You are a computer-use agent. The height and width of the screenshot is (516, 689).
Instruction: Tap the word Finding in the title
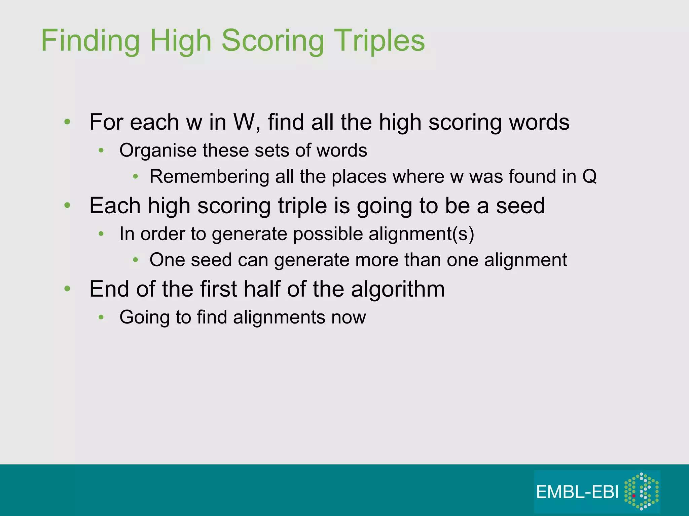click(90, 41)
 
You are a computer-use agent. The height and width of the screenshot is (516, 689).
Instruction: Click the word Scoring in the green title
click(273, 41)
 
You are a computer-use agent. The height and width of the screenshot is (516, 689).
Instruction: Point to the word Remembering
click(209, 176)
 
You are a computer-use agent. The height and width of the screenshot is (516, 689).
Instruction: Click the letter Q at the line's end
click(589, 176)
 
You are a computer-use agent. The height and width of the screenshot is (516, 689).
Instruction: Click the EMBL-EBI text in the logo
click(577, 492)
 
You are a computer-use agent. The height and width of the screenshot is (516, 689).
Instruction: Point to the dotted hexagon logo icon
click(641, 491)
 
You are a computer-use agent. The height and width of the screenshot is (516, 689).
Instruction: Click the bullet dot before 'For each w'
click(67, 122)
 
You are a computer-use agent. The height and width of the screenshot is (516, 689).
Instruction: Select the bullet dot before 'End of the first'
click(67, 289)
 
